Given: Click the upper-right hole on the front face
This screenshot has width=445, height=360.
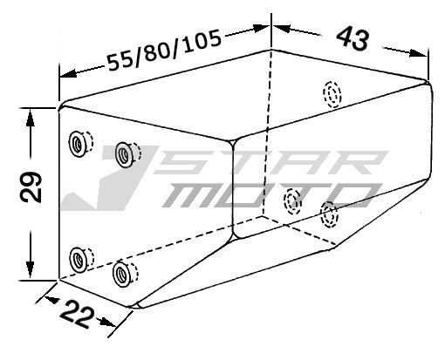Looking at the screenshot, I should tap(125, 153).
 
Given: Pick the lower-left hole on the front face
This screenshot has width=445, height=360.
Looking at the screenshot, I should tap(79, 257).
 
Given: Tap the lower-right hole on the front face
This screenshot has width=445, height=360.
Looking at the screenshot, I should tap(122, 273).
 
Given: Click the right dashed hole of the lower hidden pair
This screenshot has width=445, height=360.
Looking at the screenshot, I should tap(330, 213).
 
